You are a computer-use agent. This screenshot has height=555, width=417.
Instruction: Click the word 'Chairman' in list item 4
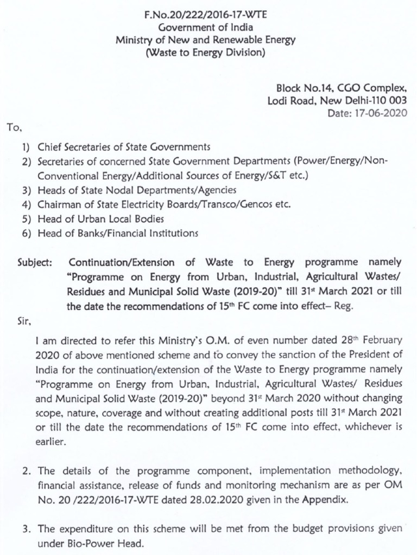[56, 204]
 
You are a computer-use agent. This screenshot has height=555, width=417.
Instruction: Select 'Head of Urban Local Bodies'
[93, 218]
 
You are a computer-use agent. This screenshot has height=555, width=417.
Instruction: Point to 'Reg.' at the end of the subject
[343, 305]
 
